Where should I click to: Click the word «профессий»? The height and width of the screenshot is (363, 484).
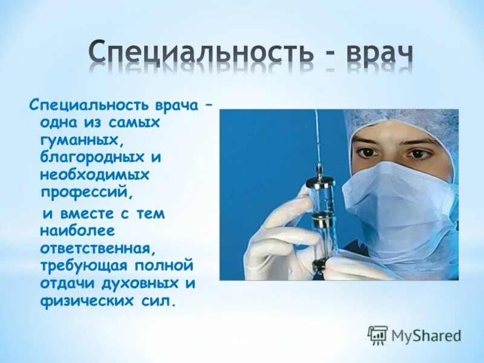click(x=85, y=192)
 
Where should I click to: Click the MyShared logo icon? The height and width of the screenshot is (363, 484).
click(x=378, y=334)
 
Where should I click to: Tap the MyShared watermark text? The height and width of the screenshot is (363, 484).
click(x=427, y=335)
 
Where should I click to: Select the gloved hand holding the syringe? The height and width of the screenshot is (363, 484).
click(x=284, y=242)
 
